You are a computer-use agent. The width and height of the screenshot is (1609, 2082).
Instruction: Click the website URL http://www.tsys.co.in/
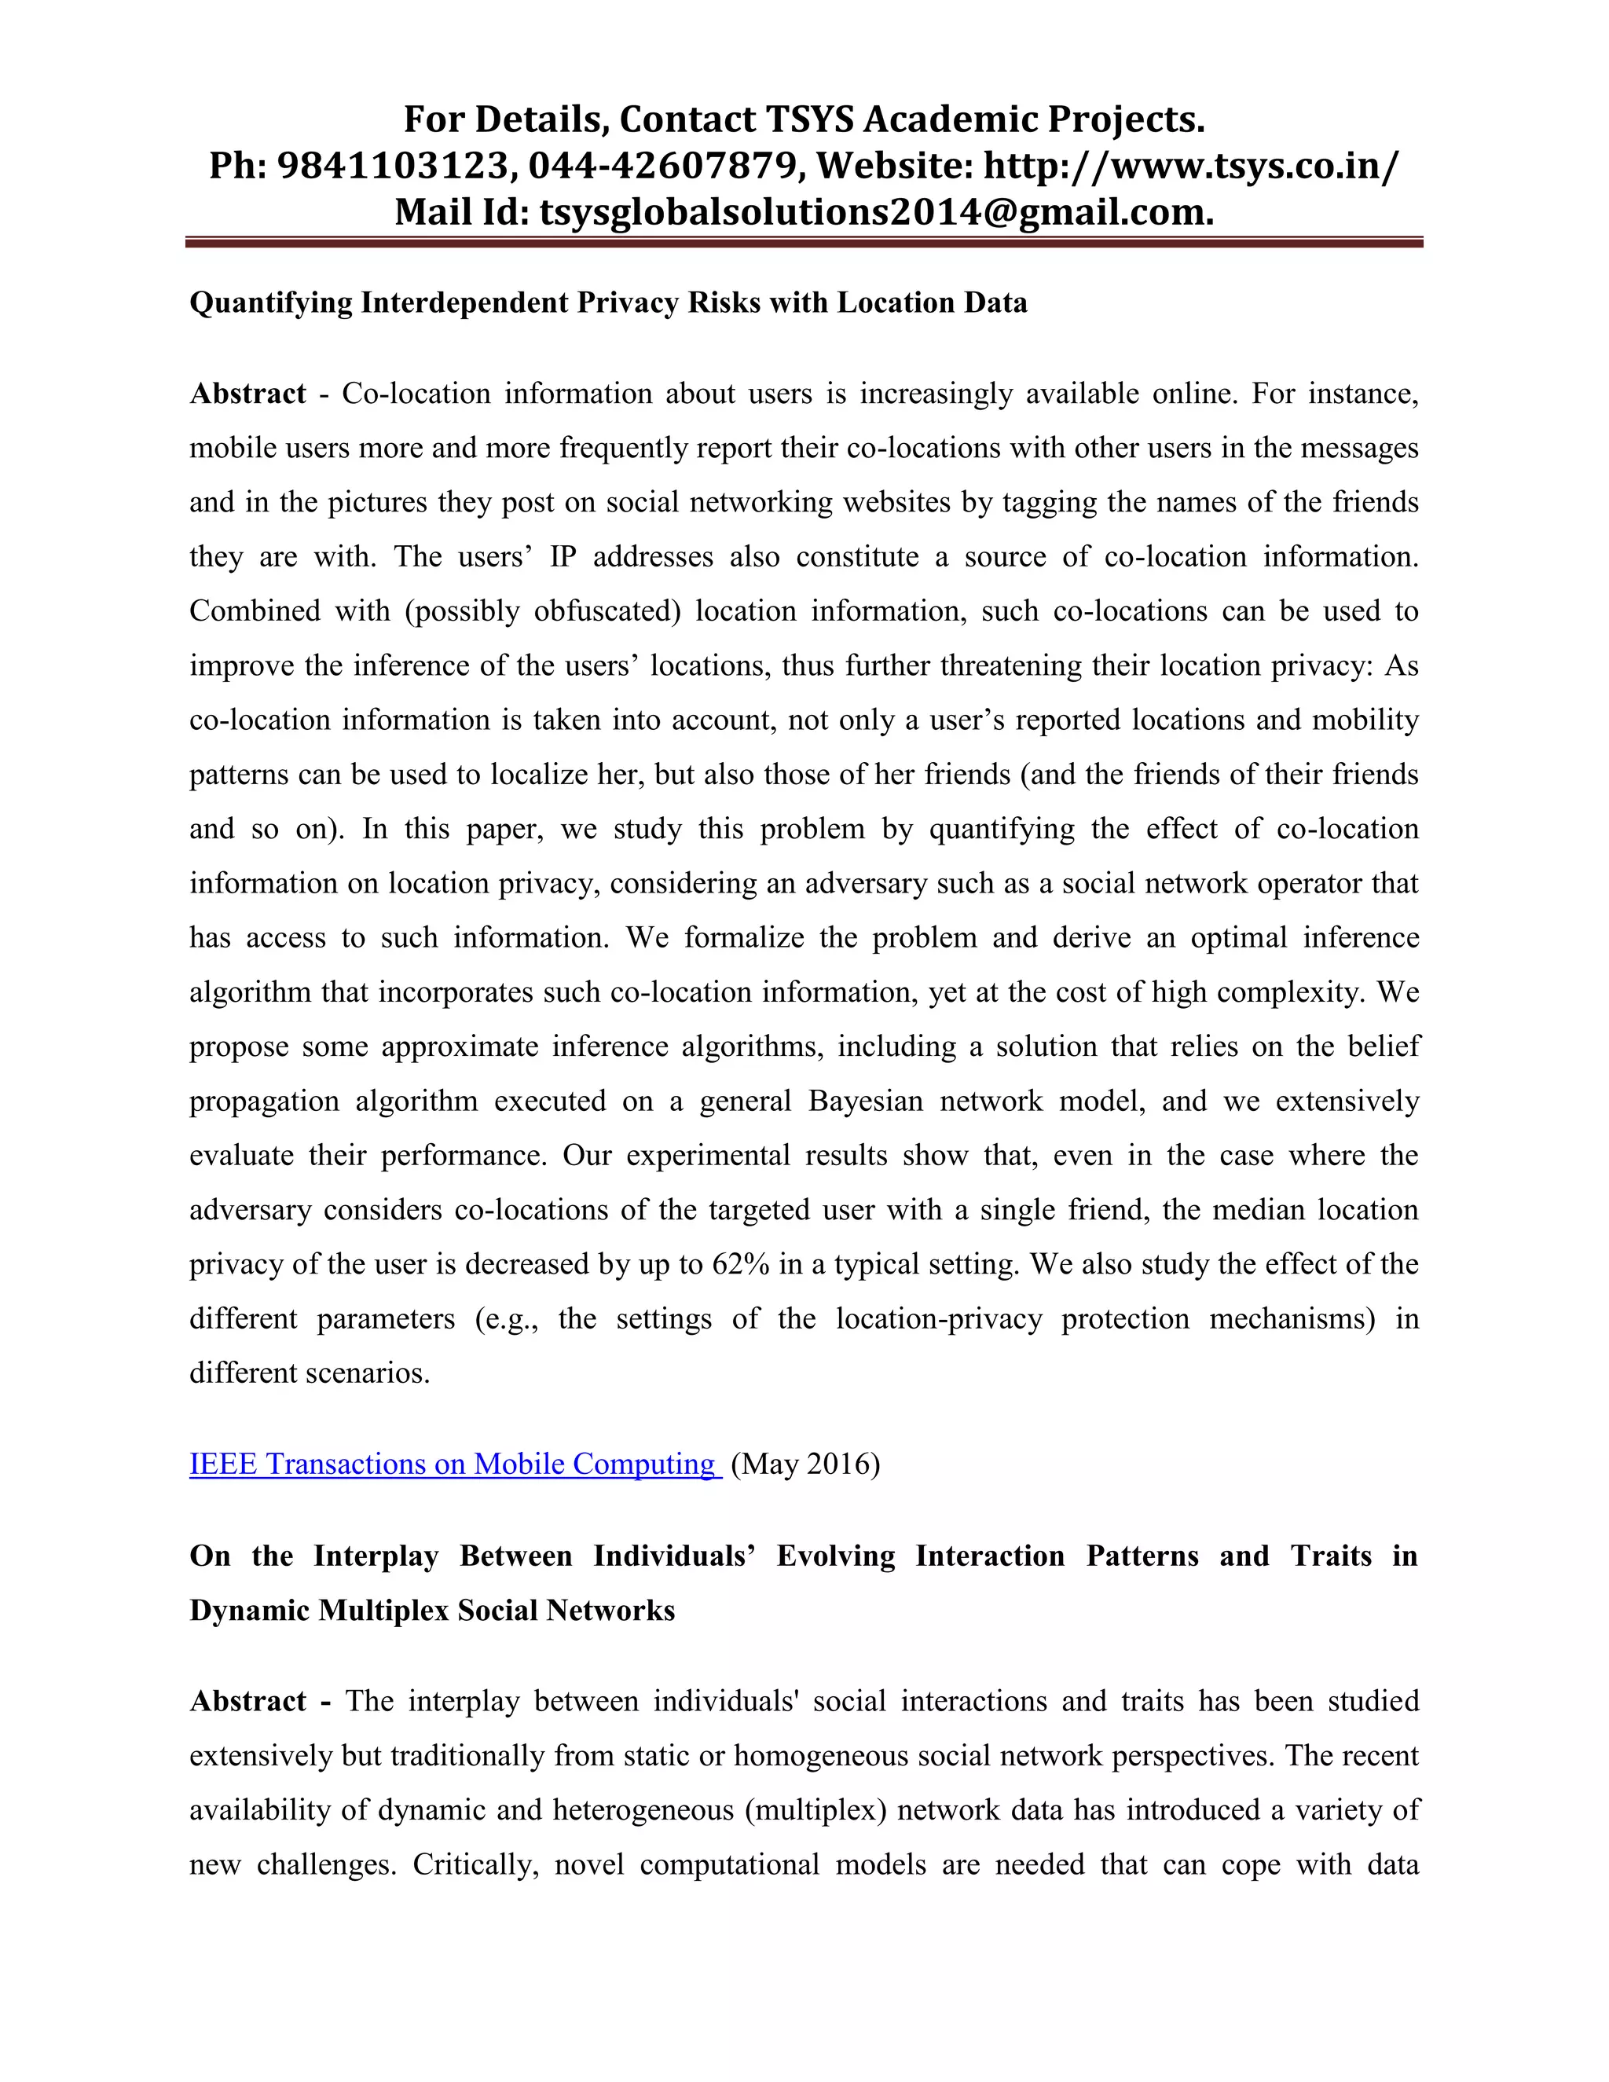(1192, 166)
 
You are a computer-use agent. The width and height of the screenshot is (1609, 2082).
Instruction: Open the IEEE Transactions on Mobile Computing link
(454, 1464)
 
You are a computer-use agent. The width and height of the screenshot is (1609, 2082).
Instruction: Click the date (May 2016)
(805, 1464)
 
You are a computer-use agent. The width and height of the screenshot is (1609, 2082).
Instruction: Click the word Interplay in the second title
(376, 1556)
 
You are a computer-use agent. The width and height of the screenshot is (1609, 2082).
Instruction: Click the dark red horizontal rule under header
(804, 243)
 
